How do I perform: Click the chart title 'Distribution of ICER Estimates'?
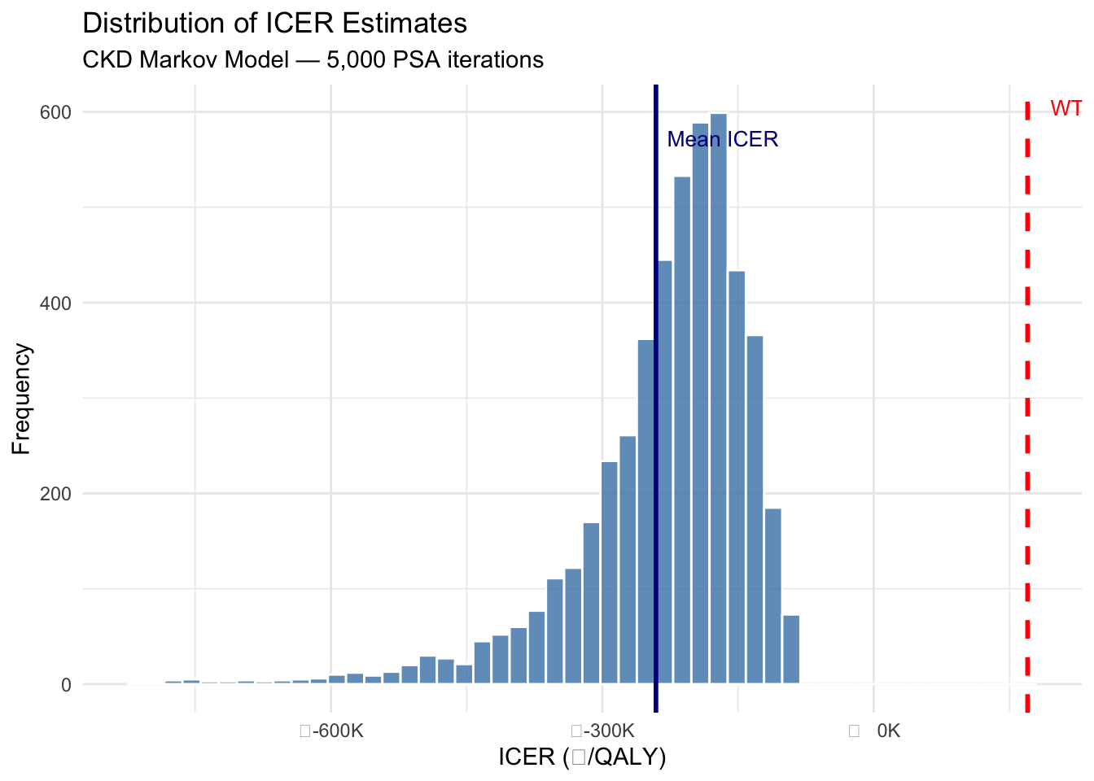(275, 23)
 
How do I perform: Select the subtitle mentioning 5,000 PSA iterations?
(313, 59)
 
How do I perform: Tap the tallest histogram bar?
(718, 399)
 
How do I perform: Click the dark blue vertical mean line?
(655, 407)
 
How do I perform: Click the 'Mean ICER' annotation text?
(723, 140)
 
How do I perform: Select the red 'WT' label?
(1066, 108)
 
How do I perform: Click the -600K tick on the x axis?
(332, 731)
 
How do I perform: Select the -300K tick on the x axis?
(603, 731)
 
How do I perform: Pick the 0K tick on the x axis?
(887, 731)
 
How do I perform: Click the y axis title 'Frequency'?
(21, 399)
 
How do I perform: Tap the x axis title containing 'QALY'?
(582, 757)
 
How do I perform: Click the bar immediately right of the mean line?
(664, 472)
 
